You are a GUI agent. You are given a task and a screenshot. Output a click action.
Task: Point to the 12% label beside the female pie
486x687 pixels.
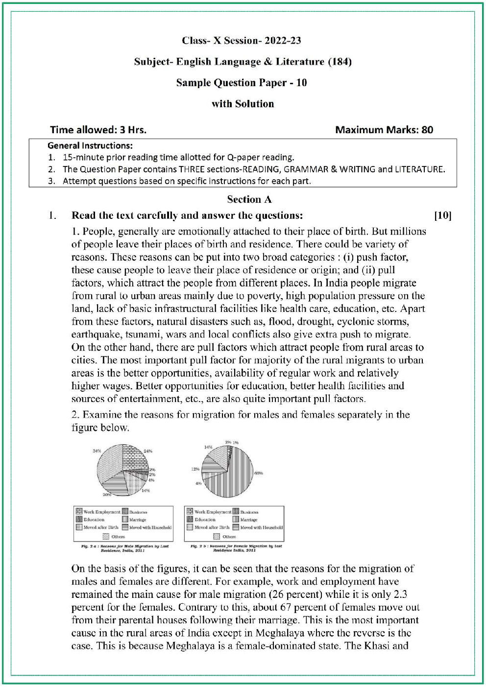pos(195,469)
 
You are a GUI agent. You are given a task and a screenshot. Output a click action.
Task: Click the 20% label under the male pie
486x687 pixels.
pos(106,495)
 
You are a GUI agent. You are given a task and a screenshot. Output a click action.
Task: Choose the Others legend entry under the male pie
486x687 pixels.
pos(118,536)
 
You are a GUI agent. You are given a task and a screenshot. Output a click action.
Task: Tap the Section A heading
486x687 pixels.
pos(249,199)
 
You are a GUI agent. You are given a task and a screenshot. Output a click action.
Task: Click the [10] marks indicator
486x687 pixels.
pos(442,215)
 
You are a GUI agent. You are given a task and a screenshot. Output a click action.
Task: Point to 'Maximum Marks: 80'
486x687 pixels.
pos(384,130)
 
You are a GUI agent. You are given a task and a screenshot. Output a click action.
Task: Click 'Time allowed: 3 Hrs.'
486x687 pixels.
pos(98,130)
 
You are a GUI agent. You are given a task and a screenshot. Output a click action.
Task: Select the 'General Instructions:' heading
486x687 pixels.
pos(90,145)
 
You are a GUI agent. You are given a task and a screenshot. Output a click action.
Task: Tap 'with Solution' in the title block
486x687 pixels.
pos(243,104)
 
